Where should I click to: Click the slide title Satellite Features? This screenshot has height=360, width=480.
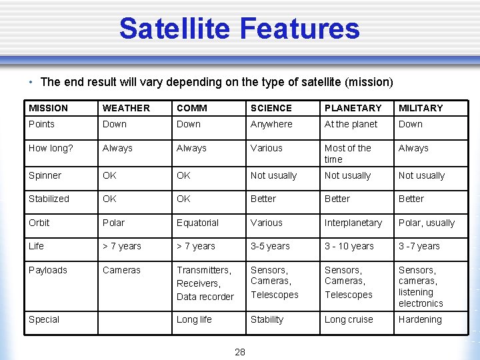239,29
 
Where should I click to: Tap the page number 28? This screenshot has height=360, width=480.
240,352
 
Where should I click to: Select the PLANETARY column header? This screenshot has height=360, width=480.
353,108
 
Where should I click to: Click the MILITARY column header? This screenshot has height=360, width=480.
421,108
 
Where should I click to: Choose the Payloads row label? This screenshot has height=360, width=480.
48,270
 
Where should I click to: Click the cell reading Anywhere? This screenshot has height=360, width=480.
271,124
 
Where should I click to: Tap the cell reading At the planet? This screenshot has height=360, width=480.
351,124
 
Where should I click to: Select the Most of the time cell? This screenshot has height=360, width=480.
347,154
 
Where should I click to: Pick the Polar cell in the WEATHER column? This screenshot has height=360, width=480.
113,223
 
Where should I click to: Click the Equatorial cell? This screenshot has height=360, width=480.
197,223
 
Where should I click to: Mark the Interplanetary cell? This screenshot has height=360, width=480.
353,223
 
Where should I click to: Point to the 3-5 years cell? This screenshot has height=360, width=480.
270,246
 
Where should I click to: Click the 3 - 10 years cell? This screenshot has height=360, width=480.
349,246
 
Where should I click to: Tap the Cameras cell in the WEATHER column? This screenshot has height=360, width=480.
121,270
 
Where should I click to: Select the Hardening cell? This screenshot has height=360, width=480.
420,319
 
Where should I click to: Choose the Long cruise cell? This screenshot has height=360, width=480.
349,319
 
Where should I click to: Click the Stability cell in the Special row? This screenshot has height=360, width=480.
267,319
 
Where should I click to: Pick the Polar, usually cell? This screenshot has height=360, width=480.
427,223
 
